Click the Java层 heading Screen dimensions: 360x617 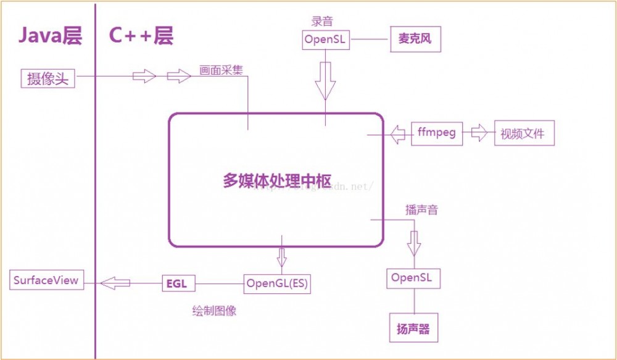tap(49, 35)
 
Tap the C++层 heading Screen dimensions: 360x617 tap(141, 35)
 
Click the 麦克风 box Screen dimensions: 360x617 tap(415, 40)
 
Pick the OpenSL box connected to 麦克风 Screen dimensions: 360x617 tap(326, 40)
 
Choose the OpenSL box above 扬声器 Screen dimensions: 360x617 tap(413, 278)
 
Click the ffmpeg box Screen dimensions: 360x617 tap(437, 133)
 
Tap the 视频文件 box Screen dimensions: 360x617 tap(524, 133)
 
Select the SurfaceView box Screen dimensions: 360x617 tap(46, 280)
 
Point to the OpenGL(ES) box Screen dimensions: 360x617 tap(277, 283)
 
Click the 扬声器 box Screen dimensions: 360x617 tap(413, 329)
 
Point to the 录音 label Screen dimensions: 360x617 tap(321, 21)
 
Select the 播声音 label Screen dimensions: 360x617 tap(421, 210)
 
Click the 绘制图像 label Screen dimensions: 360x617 tap(214, 311)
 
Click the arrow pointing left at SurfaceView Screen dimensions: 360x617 tap(115, 283)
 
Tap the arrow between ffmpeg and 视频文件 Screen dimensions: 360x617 tap(479, 133)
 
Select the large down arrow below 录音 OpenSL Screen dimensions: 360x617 tap(326, 80)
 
